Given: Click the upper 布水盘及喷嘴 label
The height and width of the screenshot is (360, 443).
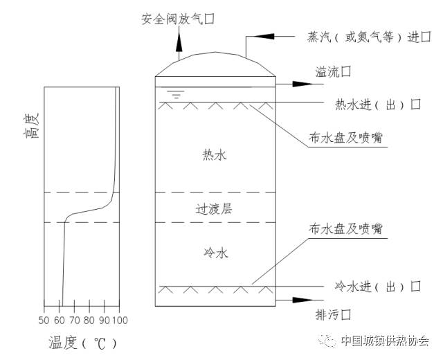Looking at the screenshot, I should [x=347, y=138].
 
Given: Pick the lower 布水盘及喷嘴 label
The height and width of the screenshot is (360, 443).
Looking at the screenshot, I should [x=347, y=229].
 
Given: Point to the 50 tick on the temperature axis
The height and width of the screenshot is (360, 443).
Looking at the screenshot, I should [x=44, y=321].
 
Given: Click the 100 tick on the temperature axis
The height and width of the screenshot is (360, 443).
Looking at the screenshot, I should [x=120, y=321].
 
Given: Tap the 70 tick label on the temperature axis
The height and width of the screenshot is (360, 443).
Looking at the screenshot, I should [x=73, y=321].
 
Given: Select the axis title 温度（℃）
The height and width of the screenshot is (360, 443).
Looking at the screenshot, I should [x=82, y=343].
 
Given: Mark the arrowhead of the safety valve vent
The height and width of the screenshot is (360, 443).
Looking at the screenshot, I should [x=178, y=41].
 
